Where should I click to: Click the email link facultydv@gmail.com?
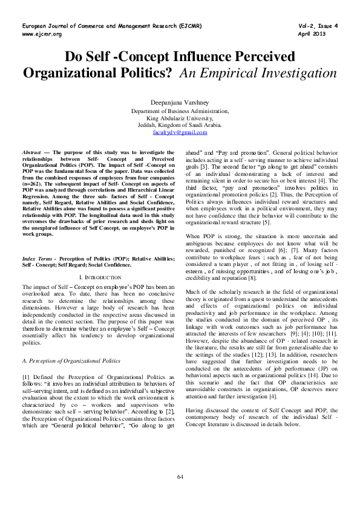tap(180, 132)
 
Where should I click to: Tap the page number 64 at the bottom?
tap(180, 478)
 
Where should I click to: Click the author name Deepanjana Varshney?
tap(180, 103)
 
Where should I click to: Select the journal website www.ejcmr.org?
tap(42, 34)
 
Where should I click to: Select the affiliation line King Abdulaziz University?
tap(180, 118)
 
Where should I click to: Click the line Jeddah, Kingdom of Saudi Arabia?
tap(180, 125)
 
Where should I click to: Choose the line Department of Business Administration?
tap(180, 111)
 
